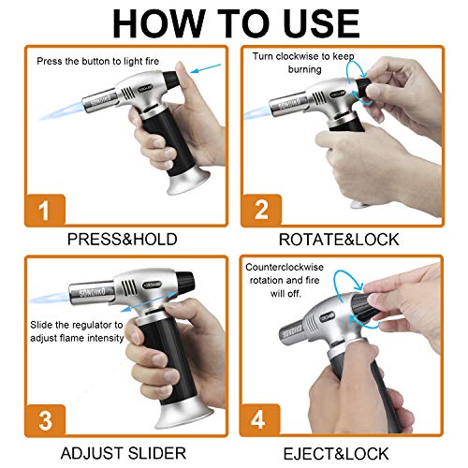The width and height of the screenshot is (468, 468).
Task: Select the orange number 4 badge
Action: point(263,414)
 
